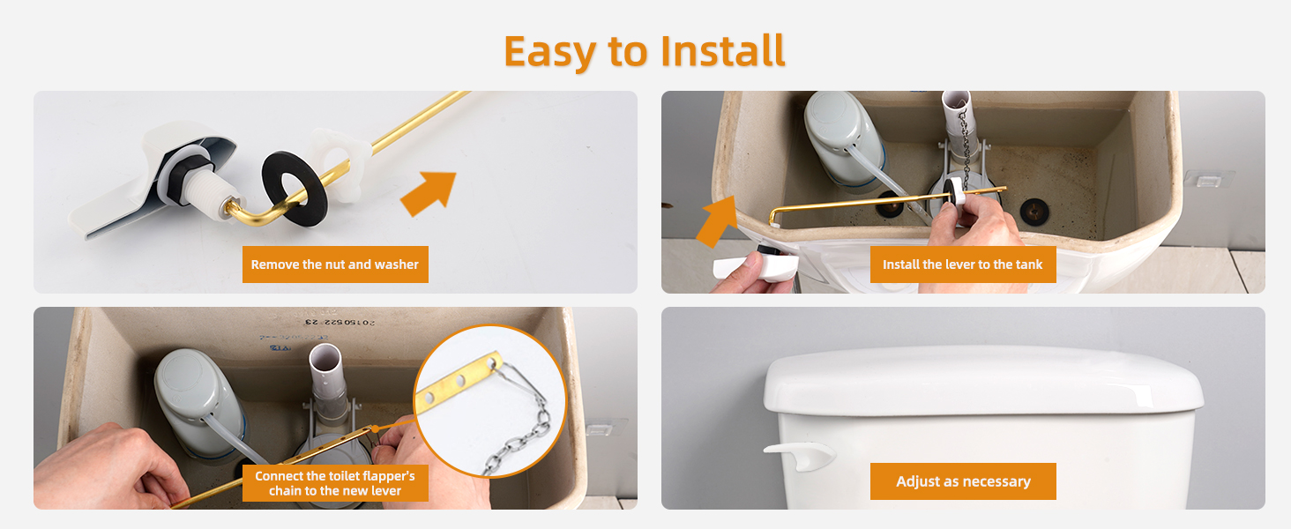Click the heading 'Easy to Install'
coord(645,51)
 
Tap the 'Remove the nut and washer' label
coord(335,264)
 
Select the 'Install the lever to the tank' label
coord(962,264)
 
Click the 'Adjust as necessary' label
coord(963,481)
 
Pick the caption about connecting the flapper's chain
coord(335,483)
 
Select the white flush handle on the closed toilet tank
coord(799,452)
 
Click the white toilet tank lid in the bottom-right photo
coord(983,380)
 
